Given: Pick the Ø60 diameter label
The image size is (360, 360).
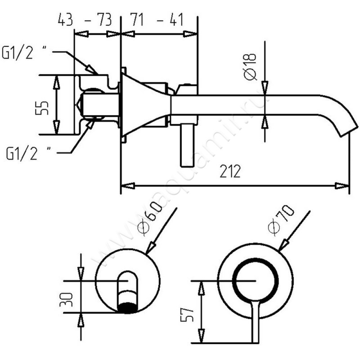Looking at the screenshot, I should tap(148, 220).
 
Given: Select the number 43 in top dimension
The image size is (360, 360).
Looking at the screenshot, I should tap(66, 20).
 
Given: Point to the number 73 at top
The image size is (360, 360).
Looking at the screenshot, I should tap(104, 20).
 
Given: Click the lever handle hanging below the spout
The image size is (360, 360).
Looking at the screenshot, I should tap(185, 144).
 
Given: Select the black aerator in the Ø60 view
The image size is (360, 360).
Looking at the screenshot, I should tap(127, 307).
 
